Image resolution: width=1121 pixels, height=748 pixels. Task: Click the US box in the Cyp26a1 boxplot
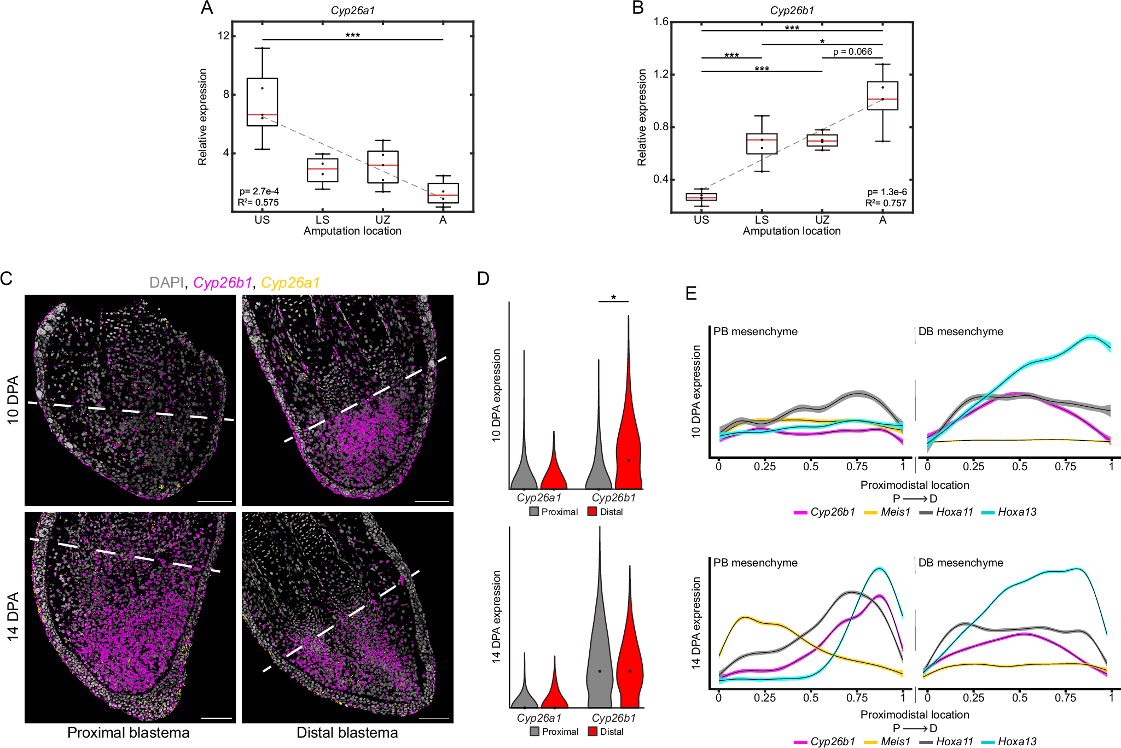262,102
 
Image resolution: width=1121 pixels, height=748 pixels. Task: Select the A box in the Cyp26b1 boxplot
882,96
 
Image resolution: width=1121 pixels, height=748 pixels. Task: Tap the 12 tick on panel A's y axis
223,36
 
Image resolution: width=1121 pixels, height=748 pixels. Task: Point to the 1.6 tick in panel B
661,22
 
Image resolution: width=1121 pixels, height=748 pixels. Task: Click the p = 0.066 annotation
852,52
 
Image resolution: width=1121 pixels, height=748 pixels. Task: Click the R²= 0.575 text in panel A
258,202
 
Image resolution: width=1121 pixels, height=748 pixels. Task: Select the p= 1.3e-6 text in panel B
887,192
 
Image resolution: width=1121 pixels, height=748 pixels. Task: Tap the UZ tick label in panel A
382,220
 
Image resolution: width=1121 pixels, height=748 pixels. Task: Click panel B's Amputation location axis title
791,231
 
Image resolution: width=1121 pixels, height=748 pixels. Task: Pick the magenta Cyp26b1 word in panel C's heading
222,283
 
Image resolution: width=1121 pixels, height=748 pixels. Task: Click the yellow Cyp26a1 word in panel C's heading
290,283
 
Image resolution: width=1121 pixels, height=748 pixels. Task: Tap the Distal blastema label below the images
347,733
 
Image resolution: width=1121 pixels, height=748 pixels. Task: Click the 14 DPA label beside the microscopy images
13,617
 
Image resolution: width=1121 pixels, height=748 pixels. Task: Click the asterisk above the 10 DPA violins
613,297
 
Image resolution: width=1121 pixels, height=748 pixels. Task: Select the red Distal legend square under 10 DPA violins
592,512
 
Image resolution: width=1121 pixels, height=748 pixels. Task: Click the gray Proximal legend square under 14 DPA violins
535,732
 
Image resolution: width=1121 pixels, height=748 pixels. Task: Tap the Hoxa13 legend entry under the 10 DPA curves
1017,512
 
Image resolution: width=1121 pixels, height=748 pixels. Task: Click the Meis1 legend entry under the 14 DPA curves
895,741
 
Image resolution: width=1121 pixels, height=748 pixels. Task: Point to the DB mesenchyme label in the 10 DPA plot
961,331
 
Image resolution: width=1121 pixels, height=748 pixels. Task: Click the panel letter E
691,294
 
